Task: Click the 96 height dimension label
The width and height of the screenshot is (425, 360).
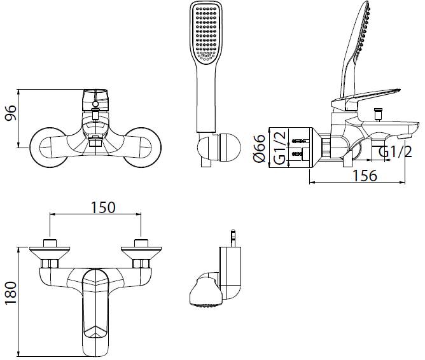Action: coord(11,113)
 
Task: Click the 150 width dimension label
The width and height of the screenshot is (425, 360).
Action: coord(103,207)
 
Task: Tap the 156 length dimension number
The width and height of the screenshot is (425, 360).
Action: coord(365,176)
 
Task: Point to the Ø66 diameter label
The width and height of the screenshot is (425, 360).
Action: coord(259,148)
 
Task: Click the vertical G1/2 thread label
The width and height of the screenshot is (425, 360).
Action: coord(280,148)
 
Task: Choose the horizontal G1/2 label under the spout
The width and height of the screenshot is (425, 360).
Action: coord(395,151)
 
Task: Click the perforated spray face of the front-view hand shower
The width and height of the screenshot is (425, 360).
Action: coord(206,34)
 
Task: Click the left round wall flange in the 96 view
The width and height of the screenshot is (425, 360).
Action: coord(48,146)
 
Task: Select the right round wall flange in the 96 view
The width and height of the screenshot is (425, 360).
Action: coord(143,146)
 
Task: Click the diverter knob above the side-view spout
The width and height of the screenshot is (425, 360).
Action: coord(378,114)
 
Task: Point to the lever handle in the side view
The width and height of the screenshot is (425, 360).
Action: coord(366,99)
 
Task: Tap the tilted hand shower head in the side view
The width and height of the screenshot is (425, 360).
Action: coord(355,49)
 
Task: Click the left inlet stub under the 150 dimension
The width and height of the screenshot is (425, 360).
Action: coord(50,243)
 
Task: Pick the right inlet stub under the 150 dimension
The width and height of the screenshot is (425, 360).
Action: coord(141,243)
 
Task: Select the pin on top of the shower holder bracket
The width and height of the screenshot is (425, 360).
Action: coord(233,239)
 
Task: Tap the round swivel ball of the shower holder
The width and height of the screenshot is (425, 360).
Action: coord(229,147)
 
